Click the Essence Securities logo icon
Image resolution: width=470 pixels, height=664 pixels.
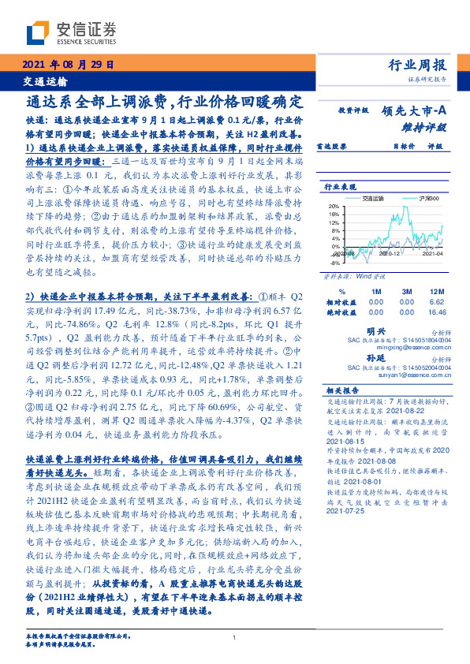pyautogui.click(x=38, y=32)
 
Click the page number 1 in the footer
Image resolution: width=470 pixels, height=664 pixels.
pyautogui.click(x=235, y=637)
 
